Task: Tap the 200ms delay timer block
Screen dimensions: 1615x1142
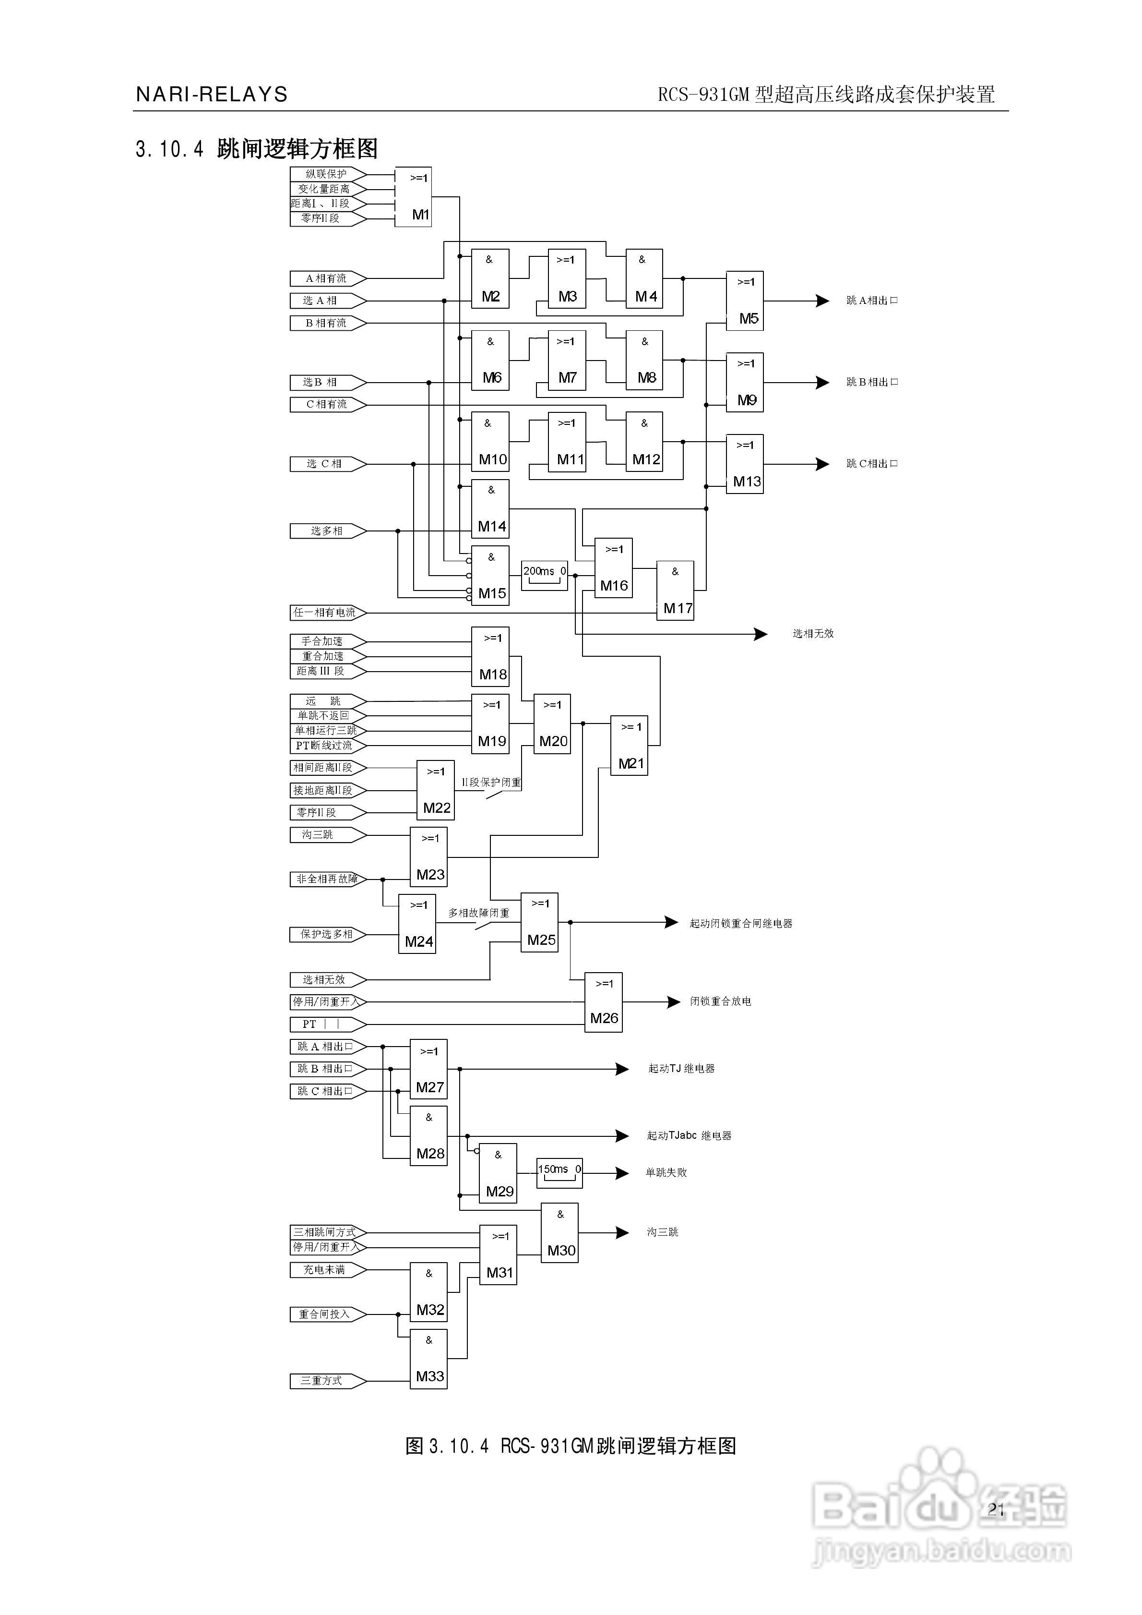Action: pyautogui.click(x=544, y=575)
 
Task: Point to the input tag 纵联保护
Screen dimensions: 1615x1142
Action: pyautogui.click(x=327, y=174)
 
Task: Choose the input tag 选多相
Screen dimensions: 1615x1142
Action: pyautogui.click(x=327, y=531)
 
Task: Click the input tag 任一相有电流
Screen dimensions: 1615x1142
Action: pyautogui.click(x=326, y=613)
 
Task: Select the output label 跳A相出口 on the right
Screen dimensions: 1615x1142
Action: pyautogui.click(x=872, y=301)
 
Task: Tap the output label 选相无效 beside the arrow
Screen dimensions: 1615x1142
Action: pyautogui.click(x=813, y=634)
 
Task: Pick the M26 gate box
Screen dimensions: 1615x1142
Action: pyautogui.click(x=603, y=1002)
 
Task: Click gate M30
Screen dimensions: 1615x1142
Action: pyautogui.click(x=560, y=1233)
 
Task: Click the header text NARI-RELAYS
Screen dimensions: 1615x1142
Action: pyautogui.click(x=212, y=94)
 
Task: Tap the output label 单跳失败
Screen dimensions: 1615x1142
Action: pyautogui.click(x=666, y=1172)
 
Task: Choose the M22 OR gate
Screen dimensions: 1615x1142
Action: pyautogui.click(x=435, y=790)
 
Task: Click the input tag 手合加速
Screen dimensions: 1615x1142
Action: pyautogui.click(x=327, y=641)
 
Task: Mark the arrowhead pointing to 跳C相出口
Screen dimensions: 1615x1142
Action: pyautogui.click(x=822, y=464)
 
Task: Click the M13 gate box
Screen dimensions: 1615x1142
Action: pyautogui.click(x=745, y=464)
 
